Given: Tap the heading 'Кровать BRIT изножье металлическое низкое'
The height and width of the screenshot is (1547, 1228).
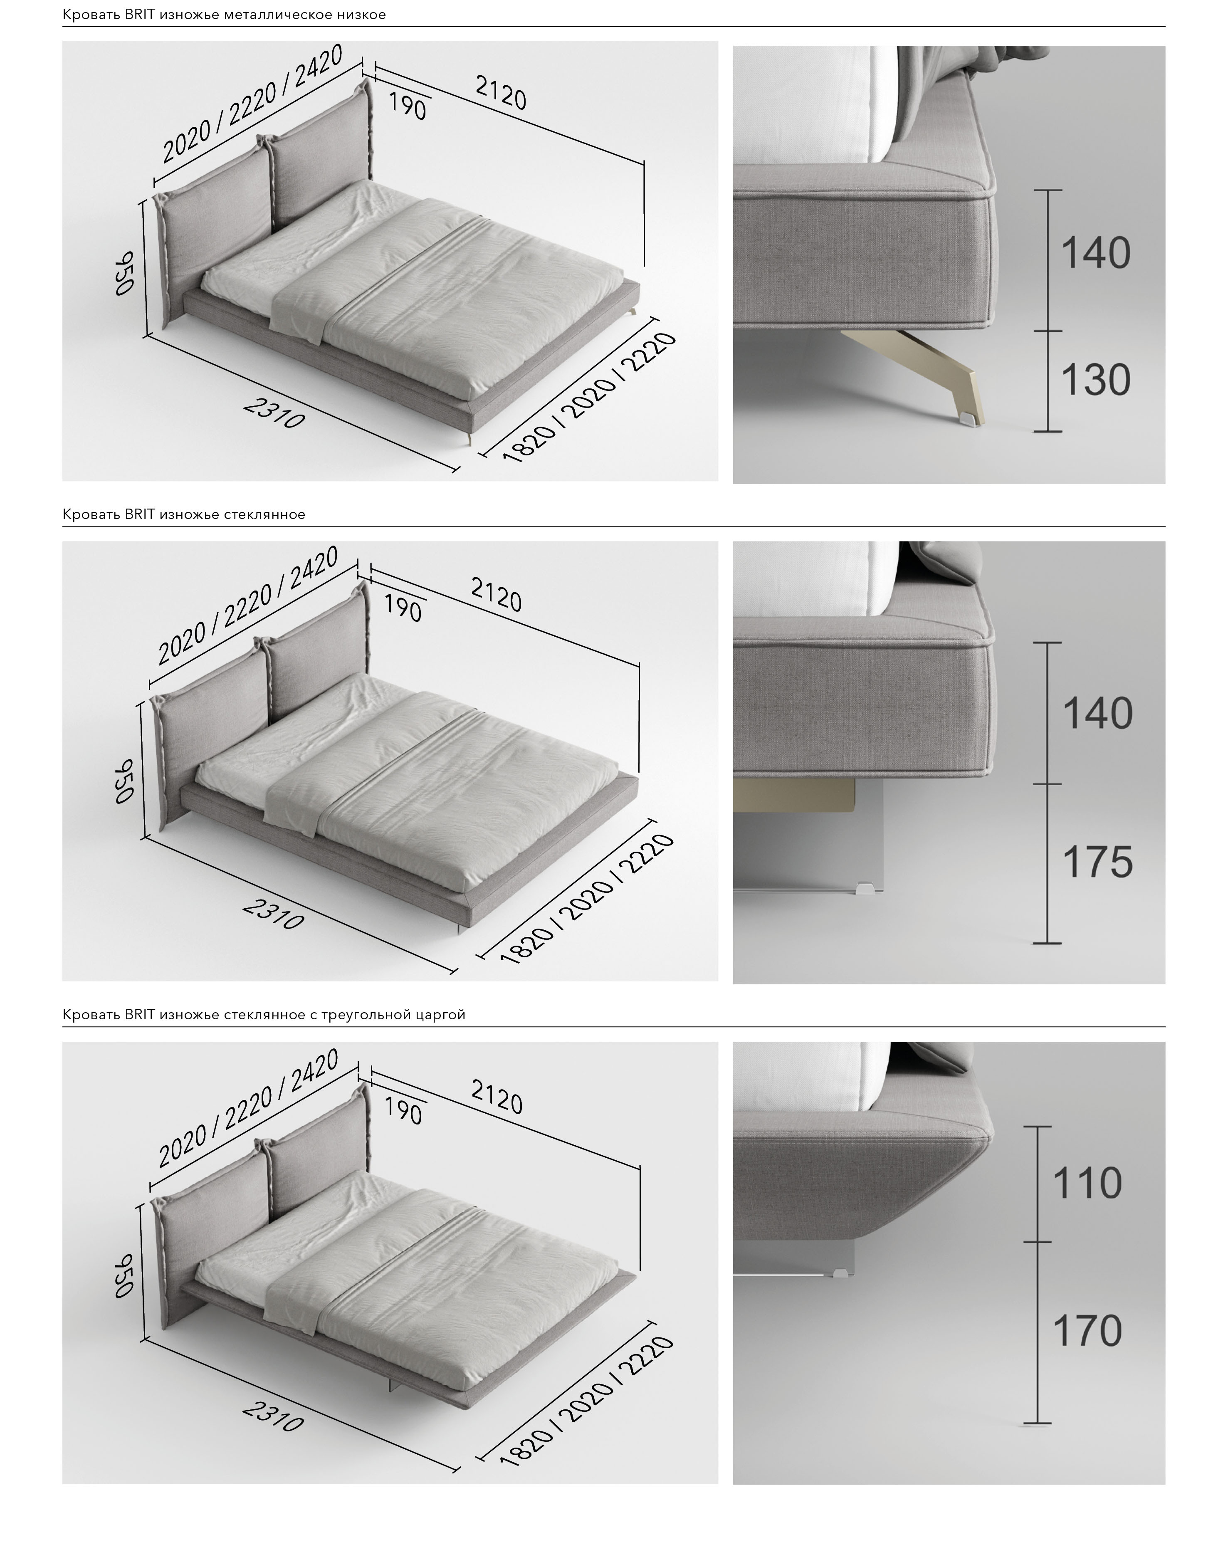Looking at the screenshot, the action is pos(224,15).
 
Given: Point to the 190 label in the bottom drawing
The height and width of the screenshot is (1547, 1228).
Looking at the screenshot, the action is pos(403,1110).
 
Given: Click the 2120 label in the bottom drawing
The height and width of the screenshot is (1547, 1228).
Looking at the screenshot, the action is pos(497,1096).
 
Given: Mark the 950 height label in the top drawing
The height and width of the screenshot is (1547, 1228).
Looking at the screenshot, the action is pos(125,273).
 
